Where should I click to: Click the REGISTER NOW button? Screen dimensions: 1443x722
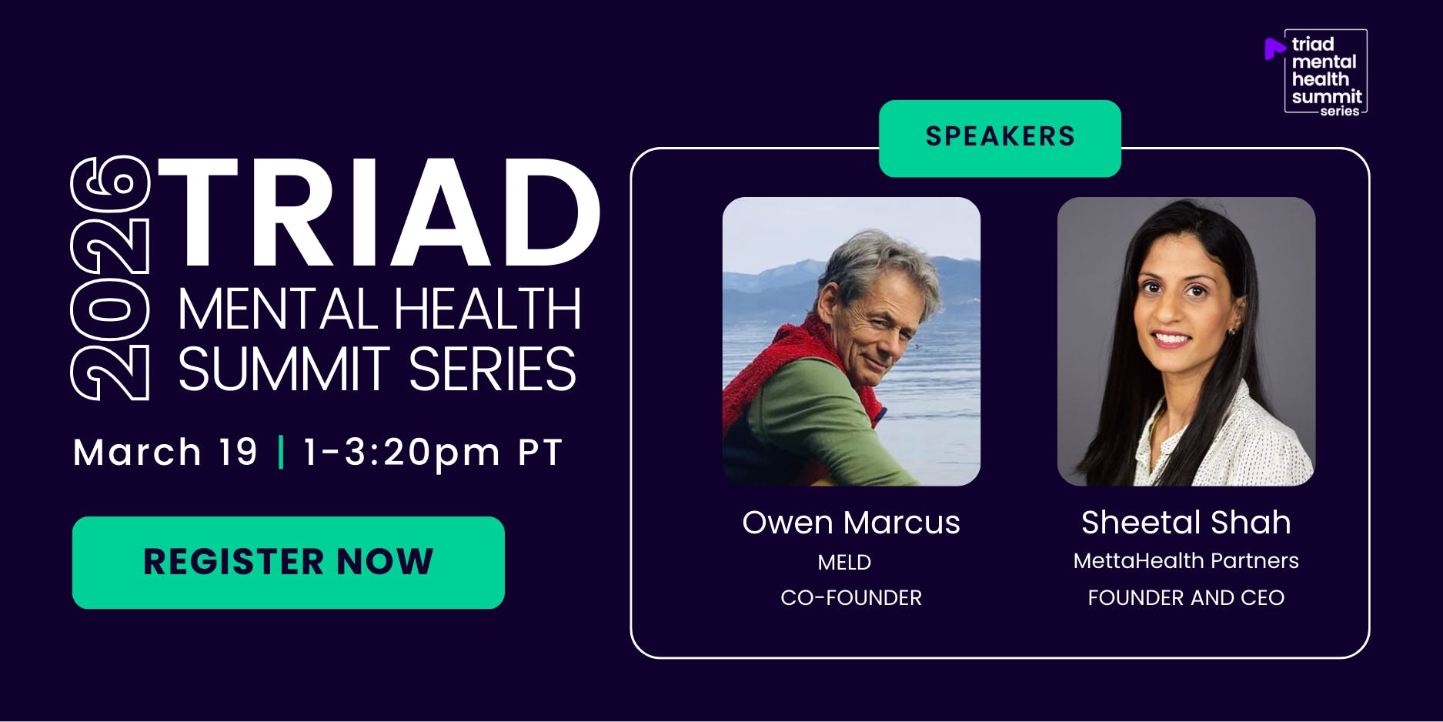(x=289, y=563)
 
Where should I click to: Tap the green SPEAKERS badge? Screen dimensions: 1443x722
(x=1000, y=139)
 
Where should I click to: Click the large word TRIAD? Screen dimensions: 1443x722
(x=379, y=212)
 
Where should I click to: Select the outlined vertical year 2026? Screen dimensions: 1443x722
(x=110, y=278)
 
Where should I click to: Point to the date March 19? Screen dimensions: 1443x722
(x=165, y=452)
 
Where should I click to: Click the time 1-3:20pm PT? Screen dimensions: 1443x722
(x=433, y=453)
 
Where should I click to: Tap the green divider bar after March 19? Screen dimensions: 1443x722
(x=281, y=452)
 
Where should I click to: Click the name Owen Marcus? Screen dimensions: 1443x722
(x=851, y=523)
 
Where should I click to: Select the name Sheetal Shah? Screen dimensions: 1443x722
(x=1186, y=523)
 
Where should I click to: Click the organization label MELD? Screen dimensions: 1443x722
(x=844, y=563)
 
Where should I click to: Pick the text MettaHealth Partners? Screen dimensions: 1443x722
(x=1186, y=560)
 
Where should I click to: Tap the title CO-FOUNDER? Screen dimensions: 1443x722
(x=851, y=598)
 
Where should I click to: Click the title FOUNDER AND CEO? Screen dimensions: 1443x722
(x=1186, y=598)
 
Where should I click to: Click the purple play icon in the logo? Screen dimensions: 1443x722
(x=1274, y=48)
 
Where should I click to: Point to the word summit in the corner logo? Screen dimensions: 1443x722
(x=1327, y=97)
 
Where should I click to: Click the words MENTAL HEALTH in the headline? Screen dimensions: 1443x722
(x=379, y=309)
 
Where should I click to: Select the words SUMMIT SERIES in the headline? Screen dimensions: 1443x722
(x=377, y=369)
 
